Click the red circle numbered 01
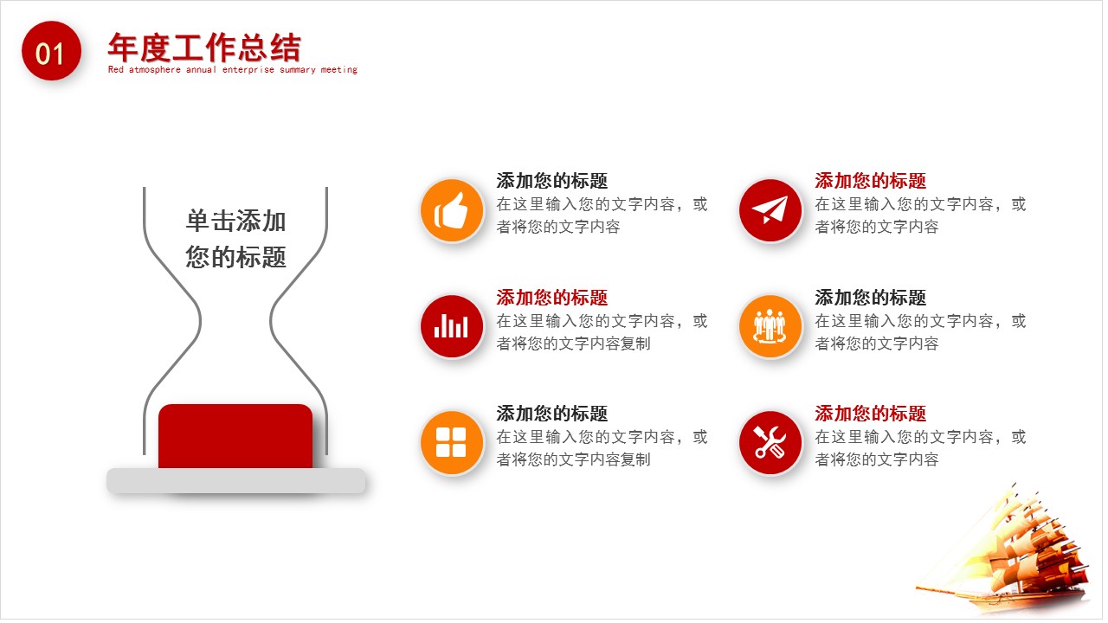click(x=51, y=52)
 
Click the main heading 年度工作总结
click(x=204, y=47)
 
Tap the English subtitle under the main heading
click(x=232, y=70)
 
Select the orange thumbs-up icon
click(x=451, y=210)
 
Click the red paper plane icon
click(x=770, y=210)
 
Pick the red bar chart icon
click(x=451, y=326)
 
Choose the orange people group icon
click(x=770, y=326)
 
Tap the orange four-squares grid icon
click(x=451, y=442)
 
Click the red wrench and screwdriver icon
click(x=770, y=442)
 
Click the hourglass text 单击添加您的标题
click(x=235, y=239)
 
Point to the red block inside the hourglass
click(x=235, y=436)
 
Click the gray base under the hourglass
click(x=235, y=481)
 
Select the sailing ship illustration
click(x=1004, y=554)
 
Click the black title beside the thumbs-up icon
click(x=551, y=181)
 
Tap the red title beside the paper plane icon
click(x=870, y=181)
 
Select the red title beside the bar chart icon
click(x=551, y=298)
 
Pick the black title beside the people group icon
click(x=870, y=298)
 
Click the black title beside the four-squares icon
click(x=551, y=414)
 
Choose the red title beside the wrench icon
click(x=870, y=414)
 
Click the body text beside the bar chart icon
click(x=601, y=332)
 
